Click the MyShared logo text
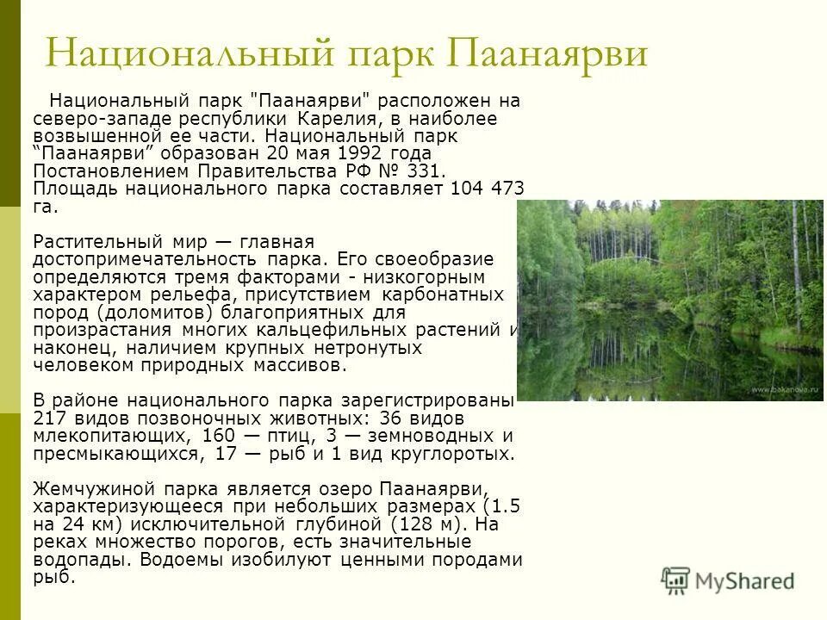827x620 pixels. click(x=744, y=581)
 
